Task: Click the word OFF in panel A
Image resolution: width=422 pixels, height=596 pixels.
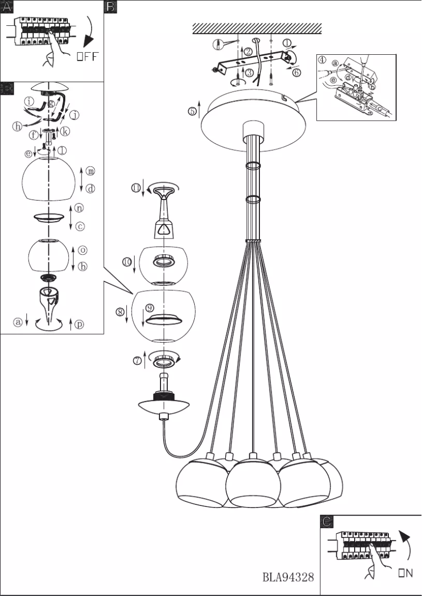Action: pos(87,57)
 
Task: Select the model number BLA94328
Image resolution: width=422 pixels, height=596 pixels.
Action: pos(288,577)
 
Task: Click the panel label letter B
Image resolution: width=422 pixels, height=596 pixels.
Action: pos(110,7)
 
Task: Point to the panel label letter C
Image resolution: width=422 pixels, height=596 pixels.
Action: pos(327,522)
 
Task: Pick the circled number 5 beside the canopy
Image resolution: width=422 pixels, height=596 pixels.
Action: pos(193,111)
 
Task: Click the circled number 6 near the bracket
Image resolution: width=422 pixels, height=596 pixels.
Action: pos(297,73)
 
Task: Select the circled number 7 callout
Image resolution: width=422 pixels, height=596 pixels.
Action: pos(137,361)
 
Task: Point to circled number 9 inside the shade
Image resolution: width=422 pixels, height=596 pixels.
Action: pos(150,307)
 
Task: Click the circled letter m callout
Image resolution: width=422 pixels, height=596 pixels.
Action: pos(91,171)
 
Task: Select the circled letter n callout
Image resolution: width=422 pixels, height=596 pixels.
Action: pos(79,208)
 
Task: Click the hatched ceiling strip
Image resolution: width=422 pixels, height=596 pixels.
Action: pos(257,28)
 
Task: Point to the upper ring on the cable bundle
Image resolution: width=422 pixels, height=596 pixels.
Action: pos(253,165)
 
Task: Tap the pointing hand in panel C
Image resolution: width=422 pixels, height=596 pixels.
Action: pos(375,562)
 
